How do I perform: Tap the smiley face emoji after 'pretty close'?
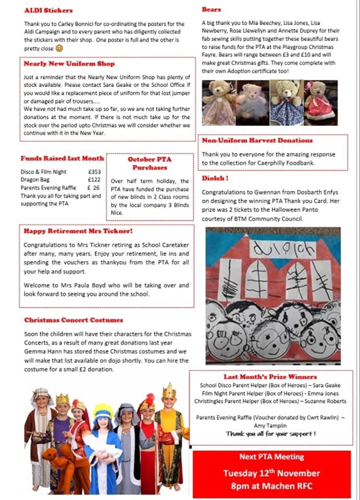point(59,48)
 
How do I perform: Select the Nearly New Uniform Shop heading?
point(69,64)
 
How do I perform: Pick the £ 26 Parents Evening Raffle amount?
point(94,187)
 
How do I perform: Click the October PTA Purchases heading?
point(150,163)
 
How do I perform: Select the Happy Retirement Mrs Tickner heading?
point(78,230)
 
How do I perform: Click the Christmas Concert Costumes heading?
point(73,320)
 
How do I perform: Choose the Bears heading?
point(212,9)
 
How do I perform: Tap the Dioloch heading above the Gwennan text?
point(215,178)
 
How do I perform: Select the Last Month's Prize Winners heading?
point(270,377)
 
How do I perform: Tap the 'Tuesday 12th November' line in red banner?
point(271,473)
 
